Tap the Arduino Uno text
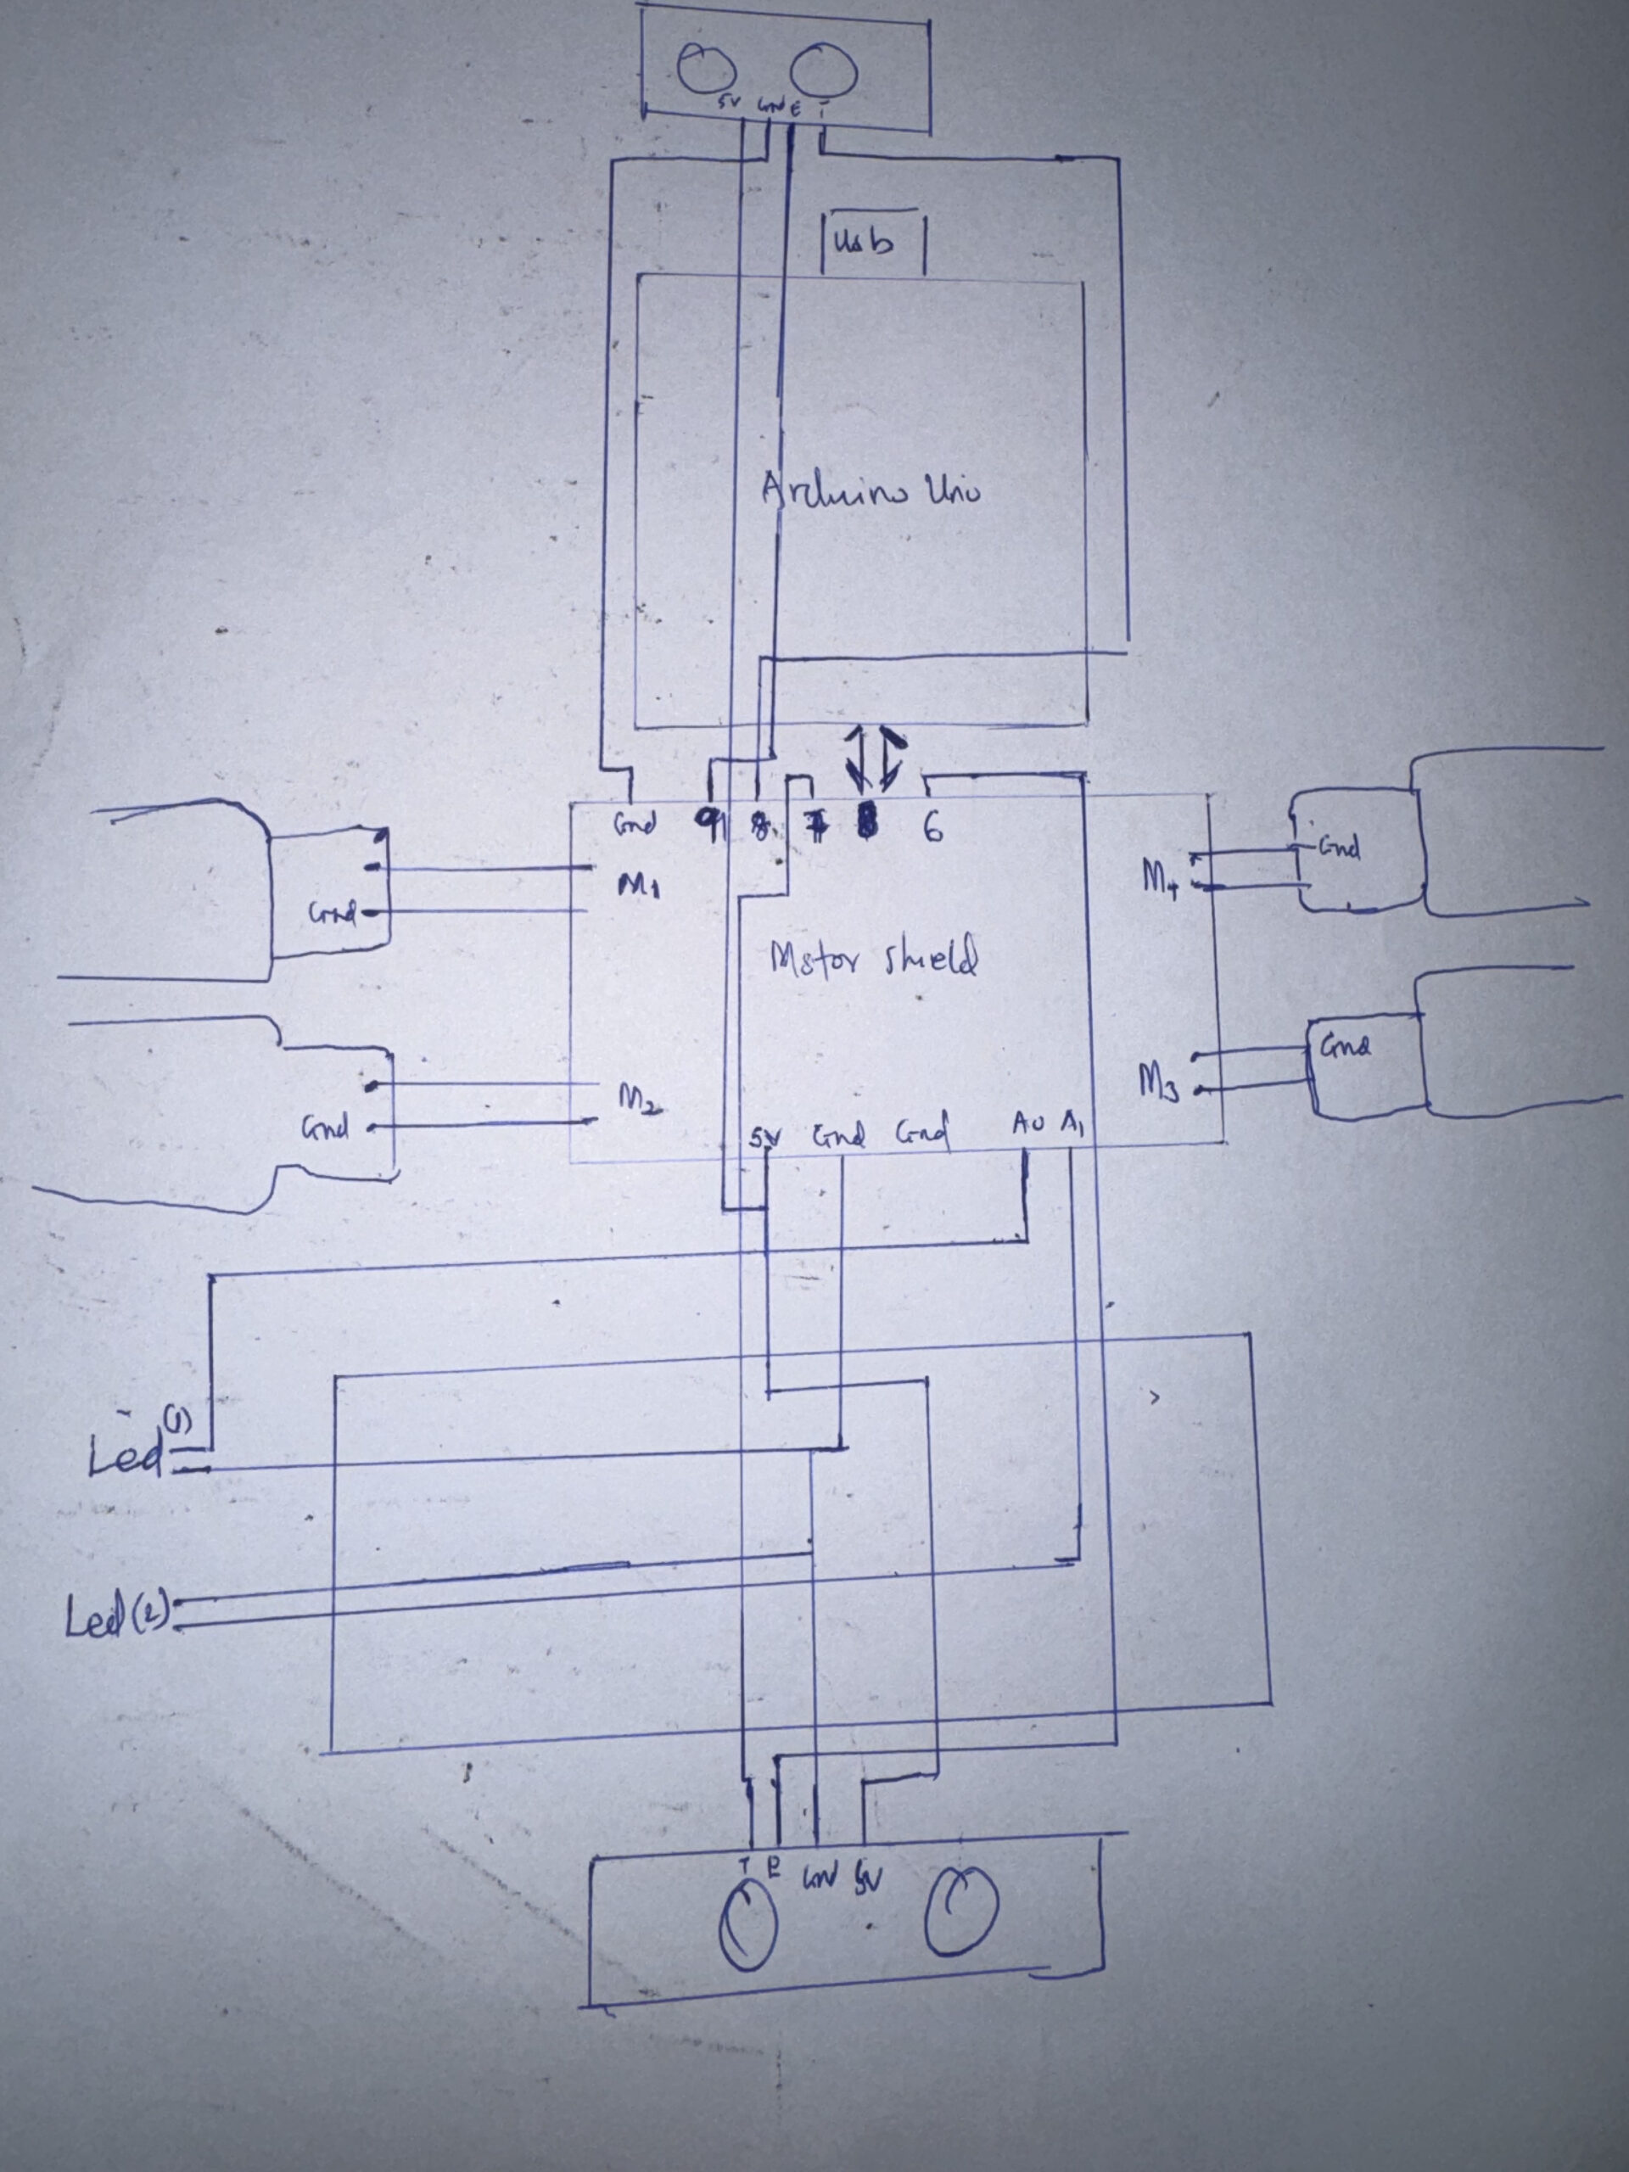(870, 488)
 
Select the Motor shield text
(874, 960)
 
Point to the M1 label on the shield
(639, 887)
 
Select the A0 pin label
(1030, 1124)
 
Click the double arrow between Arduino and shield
(876, 759)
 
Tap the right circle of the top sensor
(825, 70)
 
